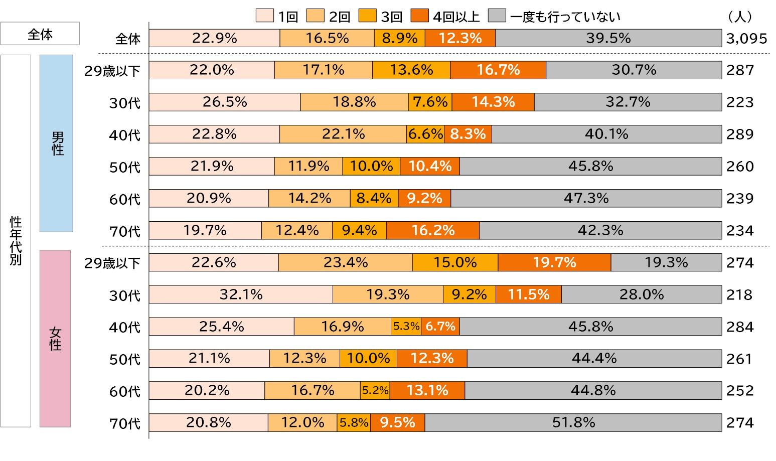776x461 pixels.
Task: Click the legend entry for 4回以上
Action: coord(444,17)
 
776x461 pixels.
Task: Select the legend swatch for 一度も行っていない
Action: coord(497,17)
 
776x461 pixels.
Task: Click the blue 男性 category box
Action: coord(56,143)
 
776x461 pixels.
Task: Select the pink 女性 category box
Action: coord(55,338)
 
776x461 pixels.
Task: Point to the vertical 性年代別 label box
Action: coord(16,241)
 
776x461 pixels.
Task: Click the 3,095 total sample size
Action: coord(746,39)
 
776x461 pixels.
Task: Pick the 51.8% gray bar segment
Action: coord(573,422)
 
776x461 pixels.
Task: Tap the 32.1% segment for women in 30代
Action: coord(241,294)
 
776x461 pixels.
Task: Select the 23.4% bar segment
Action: coord(345,262)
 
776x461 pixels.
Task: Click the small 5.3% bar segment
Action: coord(406,327)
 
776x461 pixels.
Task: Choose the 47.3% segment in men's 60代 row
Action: coord(586,198)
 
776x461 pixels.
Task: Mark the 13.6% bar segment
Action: coord(411,70)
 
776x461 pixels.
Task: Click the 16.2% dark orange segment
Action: coord(432,230)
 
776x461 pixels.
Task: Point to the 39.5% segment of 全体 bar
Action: coord(608,38)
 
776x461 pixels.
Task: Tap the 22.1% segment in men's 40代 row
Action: coord(343,134)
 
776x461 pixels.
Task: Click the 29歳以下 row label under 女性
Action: coord(112,263)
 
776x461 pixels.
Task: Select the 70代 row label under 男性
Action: coord(125,232)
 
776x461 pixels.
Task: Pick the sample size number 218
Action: coord(740,294)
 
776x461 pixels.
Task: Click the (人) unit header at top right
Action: coord(739,17)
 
